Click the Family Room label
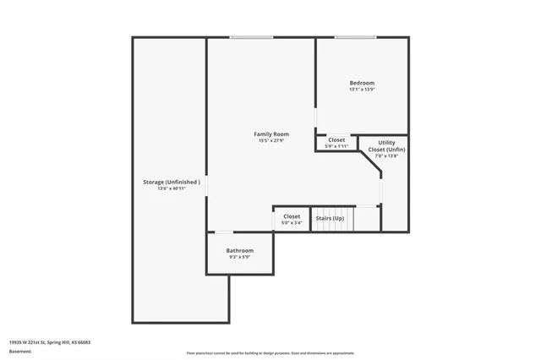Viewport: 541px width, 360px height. tap(271, 134)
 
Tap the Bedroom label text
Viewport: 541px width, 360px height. tap(362, 83)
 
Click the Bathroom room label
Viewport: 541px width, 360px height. tap(239, 250)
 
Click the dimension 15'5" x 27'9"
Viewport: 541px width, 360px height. tap(271, 140)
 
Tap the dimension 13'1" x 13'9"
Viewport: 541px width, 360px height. tap(362, 90)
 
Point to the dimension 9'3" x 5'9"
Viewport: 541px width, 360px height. tap(239, 257)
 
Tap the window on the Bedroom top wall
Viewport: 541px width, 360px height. tap(355, 37)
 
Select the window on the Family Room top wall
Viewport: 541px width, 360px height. tap(251, 37)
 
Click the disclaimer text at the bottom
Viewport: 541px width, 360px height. tap(270, 352)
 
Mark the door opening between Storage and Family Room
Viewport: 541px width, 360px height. tap(207, 185)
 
